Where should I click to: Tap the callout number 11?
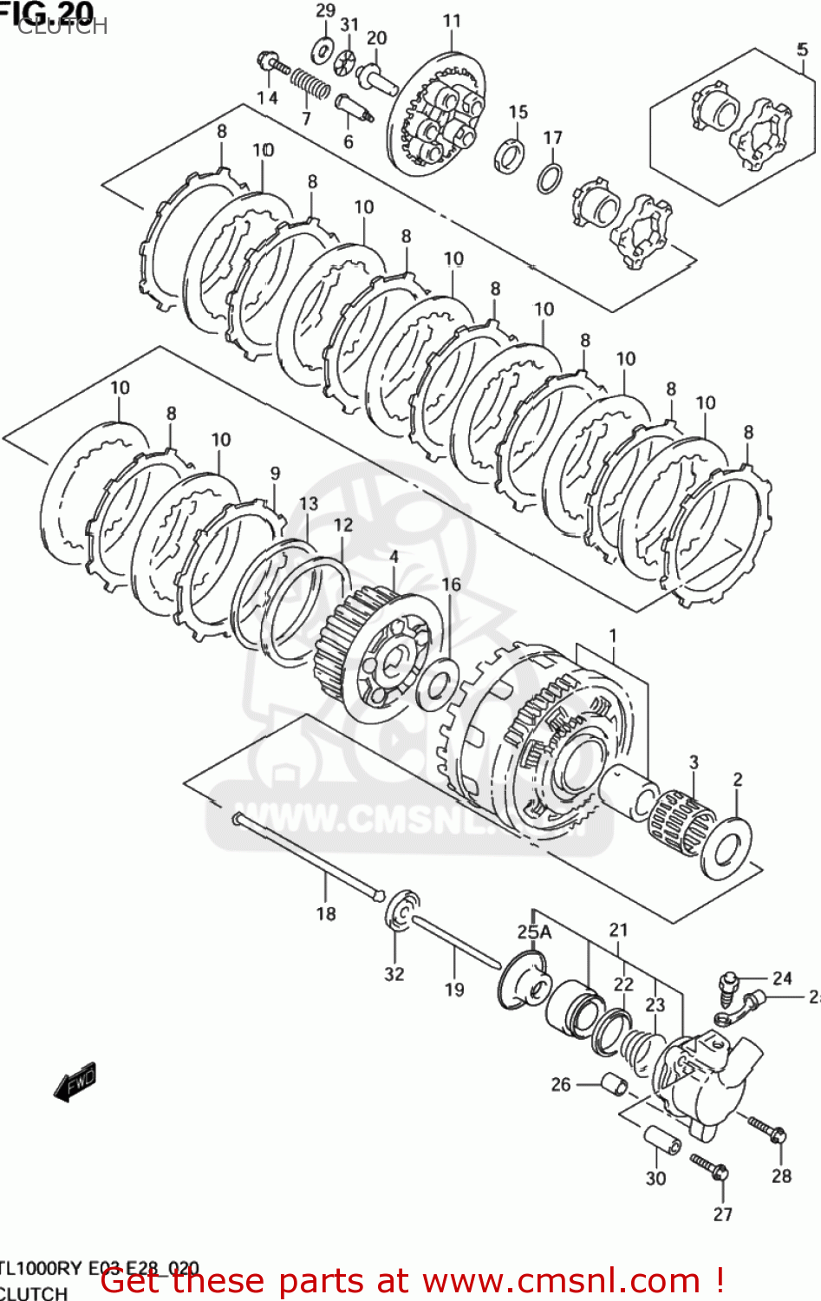[x=452, y=21]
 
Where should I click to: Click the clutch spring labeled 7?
[x=309, y=85]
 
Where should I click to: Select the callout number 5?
[x=802, y=49]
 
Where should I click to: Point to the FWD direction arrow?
[x=75, y=1081]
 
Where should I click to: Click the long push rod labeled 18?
[x=308, y=858]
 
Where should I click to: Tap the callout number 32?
[x=394, y=974]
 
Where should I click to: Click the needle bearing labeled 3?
[x=681, y=823]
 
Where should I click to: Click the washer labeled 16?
[x=437, y=683]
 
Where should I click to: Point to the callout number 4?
[x=394, y=557]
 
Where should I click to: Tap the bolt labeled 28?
[x=766, y=1129]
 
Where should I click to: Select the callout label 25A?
[x=534, y=932]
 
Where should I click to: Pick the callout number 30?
[x=655, y=1178]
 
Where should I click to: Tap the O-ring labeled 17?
[x=548, y=178]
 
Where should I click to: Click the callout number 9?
[x=275, y=473]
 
